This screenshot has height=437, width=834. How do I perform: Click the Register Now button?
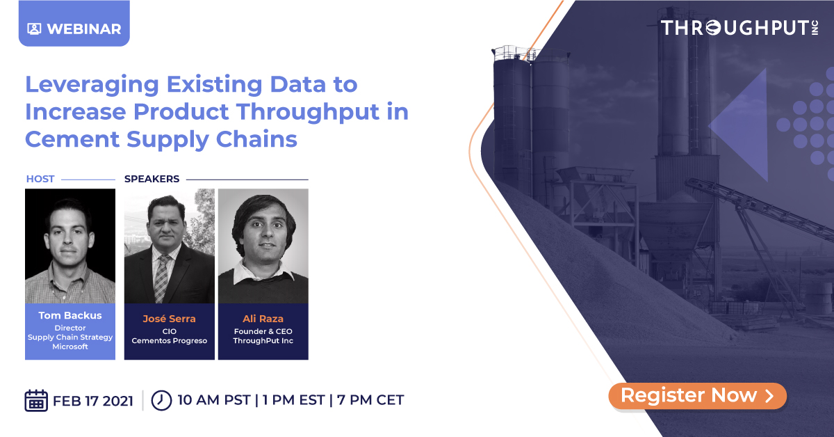click(697, 396)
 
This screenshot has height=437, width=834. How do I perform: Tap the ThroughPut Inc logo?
click(739, 29)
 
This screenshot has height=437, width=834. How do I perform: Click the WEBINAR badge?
click(74, 29)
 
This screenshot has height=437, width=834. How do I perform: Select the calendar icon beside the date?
click(36, 400)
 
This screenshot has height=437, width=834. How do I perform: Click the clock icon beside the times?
click(161, 400)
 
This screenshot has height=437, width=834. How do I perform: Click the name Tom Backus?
click(70, 315)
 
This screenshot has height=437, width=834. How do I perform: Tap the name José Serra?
click(170, 319)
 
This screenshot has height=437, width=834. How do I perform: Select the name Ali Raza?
click(263, 319)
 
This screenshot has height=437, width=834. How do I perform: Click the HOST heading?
click(40, 179)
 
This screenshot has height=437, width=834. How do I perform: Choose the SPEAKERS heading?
click(152, 179)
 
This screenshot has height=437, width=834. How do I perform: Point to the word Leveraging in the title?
click(92, 85)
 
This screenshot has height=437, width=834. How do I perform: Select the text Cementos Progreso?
click(170, 341)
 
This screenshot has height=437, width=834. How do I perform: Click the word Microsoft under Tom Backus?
click(70, 347)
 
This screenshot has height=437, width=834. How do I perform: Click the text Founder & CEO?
click(263, 331)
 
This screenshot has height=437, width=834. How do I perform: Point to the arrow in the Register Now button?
click(769, 396)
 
